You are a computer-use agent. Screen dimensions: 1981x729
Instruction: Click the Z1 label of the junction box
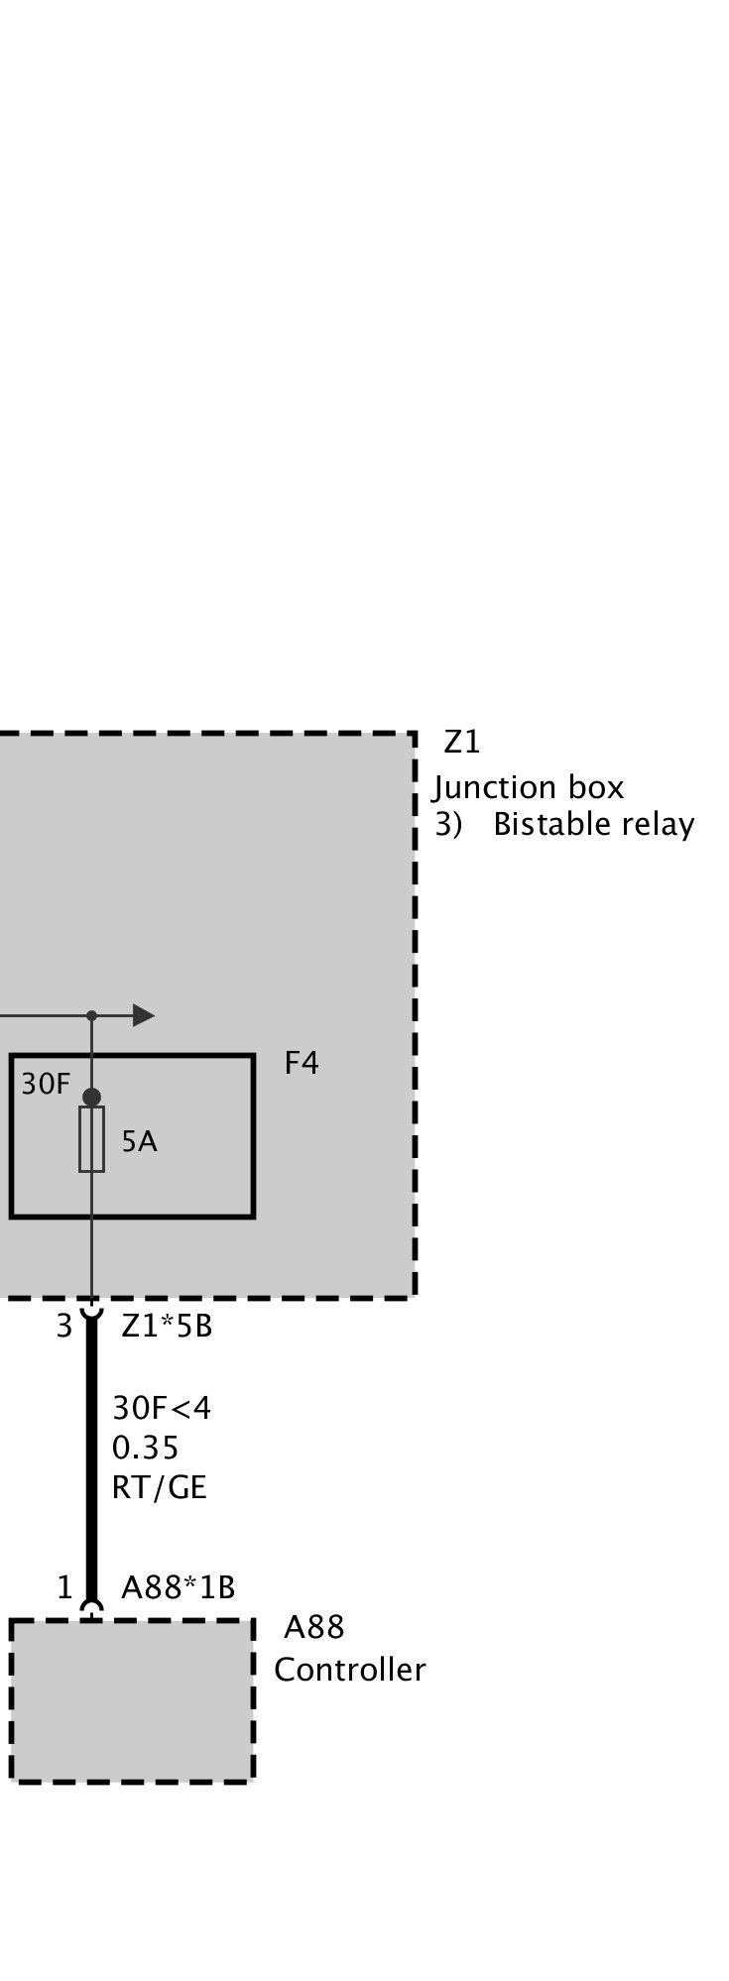point(462,742)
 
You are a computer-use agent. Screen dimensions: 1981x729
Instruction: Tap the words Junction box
point(529,787)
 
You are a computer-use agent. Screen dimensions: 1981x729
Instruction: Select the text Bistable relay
point(593,825)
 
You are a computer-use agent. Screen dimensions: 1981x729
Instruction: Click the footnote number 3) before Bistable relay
point(448,825)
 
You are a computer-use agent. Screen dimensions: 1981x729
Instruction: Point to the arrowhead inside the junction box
point(144,1015)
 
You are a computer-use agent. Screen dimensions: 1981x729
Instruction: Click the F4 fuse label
point(302,1063)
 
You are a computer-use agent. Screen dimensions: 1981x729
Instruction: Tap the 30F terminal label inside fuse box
point(46,1085)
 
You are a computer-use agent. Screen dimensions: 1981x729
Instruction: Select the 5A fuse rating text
point(140,1142)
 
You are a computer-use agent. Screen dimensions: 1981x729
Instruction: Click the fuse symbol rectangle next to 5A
point(91,1140)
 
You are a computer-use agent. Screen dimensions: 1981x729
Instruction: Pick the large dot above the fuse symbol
point(91,1097)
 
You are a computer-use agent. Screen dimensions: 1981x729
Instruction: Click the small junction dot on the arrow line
point(91,1015)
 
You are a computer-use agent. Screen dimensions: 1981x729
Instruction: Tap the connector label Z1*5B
point(167,1326)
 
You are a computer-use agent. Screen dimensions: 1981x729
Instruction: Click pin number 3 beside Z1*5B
point(64,1326)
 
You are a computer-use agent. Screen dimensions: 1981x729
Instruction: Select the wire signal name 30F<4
point(162,1408)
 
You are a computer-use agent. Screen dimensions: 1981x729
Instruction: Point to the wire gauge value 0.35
point(146,1449)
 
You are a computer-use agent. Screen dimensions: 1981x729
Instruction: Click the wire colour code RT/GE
point(160,1488)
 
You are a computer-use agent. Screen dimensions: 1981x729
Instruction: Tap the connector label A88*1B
point(179,1587)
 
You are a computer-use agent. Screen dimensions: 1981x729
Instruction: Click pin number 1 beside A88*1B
point(64,1587)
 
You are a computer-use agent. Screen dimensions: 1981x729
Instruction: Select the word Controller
point(350,1670)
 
